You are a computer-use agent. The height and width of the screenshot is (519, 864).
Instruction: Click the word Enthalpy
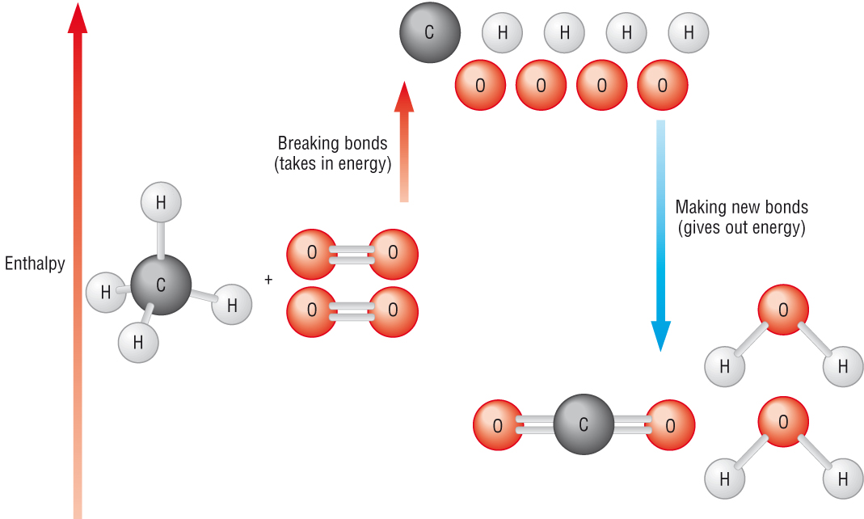(x=35, y=264)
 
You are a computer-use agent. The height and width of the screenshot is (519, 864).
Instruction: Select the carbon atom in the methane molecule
(x=161, y=285)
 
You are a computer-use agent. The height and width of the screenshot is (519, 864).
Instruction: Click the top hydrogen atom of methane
(x=161, y=202)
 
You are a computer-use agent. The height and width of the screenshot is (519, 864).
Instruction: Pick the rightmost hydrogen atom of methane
(x=232, y=305)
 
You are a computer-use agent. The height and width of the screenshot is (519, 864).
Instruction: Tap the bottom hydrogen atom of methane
(x=138, y=342)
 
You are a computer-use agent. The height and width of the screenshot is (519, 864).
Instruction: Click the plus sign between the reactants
(x=268, y=280)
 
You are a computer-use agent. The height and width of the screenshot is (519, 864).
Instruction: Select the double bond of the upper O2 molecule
(x=352, y=253)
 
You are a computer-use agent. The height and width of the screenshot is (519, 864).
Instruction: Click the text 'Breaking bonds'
(x=332, y=143)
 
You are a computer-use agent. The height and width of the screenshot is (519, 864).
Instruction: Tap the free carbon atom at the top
(x=430, y=32)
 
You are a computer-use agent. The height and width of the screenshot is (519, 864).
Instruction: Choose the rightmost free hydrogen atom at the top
(x=689, y=33)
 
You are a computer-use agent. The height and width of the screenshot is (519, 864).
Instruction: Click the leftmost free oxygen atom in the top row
(x=480, y=85)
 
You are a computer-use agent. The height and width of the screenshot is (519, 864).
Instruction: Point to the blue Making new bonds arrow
(x=661, y=234)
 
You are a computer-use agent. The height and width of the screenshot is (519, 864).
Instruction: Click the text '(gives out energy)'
(x=741, y=227)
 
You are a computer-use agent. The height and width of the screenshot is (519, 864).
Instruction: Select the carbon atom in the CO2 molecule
(x=584, y=424)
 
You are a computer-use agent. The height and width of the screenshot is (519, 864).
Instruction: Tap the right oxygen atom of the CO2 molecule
(x=670, y=424)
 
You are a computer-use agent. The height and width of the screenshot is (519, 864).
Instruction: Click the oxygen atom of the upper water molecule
(x=782, y=310)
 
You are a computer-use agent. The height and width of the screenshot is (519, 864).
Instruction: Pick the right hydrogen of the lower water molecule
(x=843, y=479)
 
